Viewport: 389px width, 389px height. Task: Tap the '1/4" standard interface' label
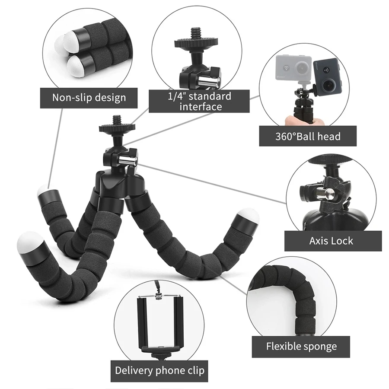[199, 101]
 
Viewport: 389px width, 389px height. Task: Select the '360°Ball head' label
[308, 136]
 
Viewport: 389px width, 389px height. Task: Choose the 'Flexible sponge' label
[301, 346]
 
